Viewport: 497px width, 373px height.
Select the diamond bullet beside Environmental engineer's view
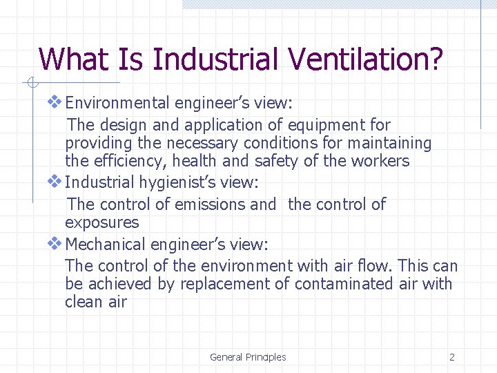[x=55, y=103]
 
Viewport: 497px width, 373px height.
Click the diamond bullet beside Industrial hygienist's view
[x=55, y=182]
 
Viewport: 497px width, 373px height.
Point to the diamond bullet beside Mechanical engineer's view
[x=55, y=244]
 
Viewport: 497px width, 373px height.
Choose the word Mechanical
[x=105, y=245]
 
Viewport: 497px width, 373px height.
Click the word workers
[x=383, y=162]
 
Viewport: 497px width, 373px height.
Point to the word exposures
[x=101, y=223]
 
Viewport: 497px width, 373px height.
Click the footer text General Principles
[x=248, y=357]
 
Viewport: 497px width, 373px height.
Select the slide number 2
[x=452, y=357]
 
